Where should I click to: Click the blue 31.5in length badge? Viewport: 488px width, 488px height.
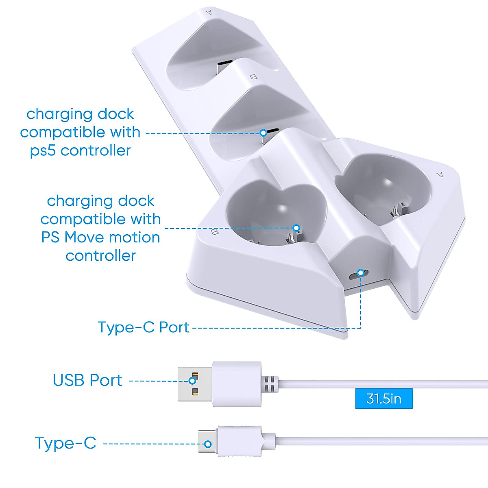[x=383, y=398]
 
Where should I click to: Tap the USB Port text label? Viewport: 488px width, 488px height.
[x=87, y=380]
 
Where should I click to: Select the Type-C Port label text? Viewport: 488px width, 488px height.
[x=143, y=327]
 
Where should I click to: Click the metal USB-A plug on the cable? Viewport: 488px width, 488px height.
[x=194, y=384]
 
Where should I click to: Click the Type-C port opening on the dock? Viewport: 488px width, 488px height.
[x=359, y=274]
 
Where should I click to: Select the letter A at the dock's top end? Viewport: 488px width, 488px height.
[x=209, y=12]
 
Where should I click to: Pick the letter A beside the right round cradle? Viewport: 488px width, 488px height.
[x=439, y=174]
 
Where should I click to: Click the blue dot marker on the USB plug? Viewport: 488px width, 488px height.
[x=192, y=381]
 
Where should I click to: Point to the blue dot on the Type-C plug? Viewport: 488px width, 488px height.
[x=208, y=444]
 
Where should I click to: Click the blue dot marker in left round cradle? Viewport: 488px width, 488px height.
[x=296, y=228]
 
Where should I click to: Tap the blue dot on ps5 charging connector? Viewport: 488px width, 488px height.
[x=264, y=133]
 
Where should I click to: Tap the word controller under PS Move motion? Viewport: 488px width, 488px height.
[x=100, y=256]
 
